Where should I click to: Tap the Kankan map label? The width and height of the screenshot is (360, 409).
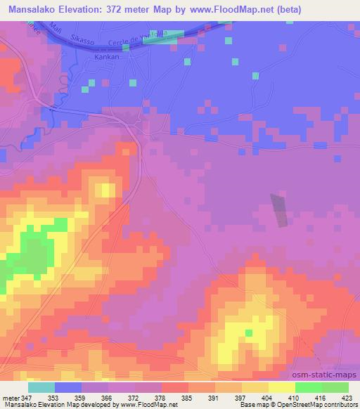[x=108, y=59]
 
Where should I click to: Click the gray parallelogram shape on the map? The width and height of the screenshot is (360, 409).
[x=280, y=209]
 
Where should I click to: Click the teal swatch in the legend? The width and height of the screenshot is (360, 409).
[x=41, y=387]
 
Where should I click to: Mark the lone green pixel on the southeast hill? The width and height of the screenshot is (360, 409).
[x=248, y=332]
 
